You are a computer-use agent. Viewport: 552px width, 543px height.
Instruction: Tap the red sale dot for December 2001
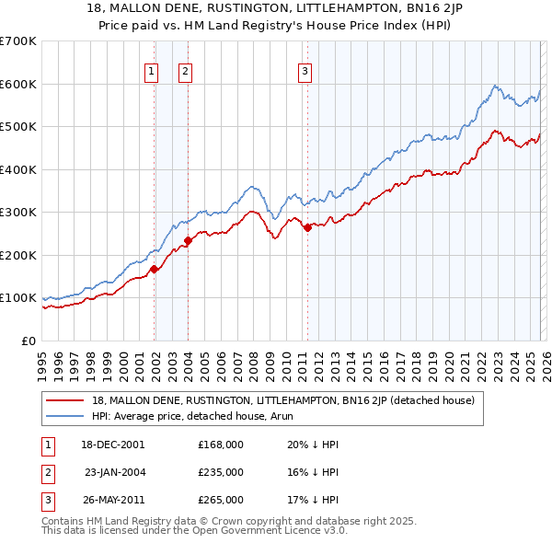(155, 269)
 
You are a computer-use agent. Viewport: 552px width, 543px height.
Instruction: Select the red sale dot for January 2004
(188, 240)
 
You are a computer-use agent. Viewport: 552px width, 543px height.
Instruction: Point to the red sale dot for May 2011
(307, 227)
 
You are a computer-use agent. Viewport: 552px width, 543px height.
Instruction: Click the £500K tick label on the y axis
(18, 127)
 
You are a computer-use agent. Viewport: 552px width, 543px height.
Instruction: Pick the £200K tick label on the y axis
(18, 255)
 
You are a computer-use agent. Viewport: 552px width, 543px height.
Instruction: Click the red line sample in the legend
(65, 400)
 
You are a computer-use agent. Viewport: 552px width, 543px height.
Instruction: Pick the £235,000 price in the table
(220, 472)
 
